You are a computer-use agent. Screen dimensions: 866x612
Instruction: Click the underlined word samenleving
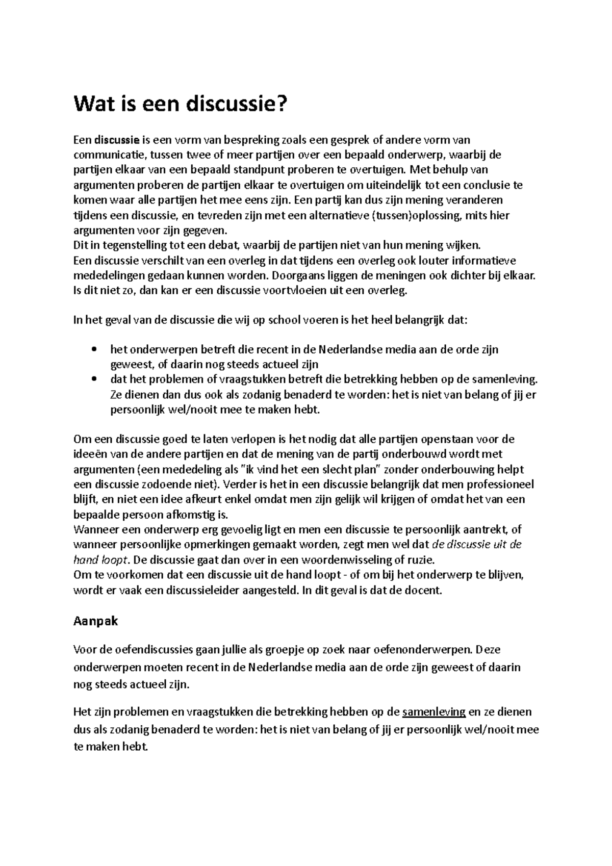click(x=434, y=712)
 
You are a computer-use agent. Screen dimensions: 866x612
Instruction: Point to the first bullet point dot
click(x=92, y=349)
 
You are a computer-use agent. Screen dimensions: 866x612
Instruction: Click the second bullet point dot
click(x=92, y=379)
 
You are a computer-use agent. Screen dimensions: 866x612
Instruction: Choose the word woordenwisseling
click(x=347, y=559)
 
